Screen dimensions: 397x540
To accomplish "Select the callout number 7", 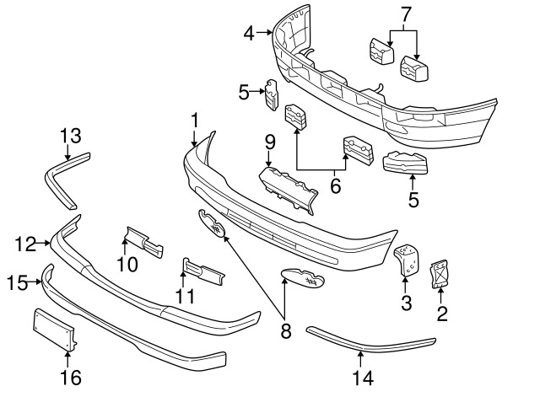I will [x=405, y=13].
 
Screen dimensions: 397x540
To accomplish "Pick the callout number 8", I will [x=285, y=331].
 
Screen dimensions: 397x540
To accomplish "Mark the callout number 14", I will [x=362, y=378].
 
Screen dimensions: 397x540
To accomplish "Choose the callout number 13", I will [x=69, y=136].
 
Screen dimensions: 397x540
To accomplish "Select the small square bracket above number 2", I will [x=440, y=274].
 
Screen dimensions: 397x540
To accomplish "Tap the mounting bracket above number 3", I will [x=407, y=259].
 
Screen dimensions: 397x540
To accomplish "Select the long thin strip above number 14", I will [x=371, y=344].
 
